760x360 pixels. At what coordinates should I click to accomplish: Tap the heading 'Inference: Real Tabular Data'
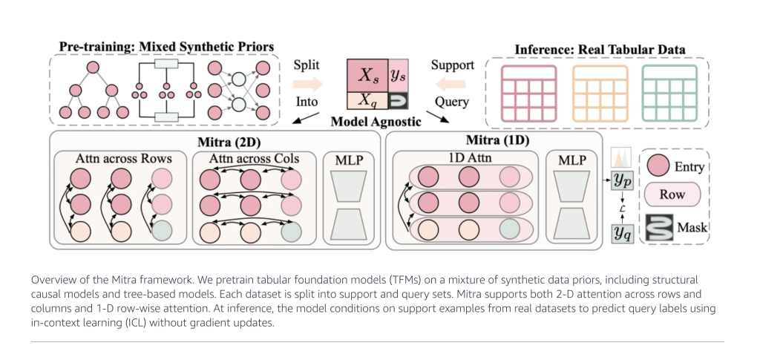coord(599,50)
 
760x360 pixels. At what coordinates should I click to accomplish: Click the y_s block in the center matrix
coord(398,75)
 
